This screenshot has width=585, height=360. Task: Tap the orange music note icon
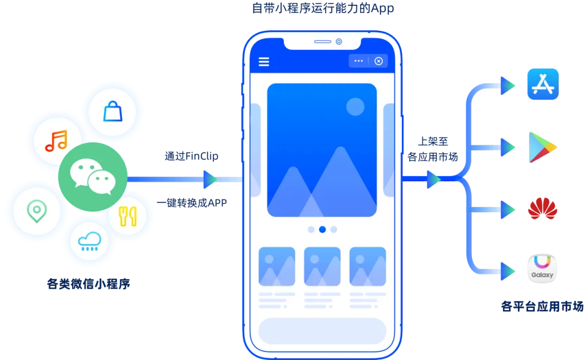coord(56,141)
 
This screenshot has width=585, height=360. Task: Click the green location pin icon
coord(36,210)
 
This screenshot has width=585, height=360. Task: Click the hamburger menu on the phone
coord(264,61)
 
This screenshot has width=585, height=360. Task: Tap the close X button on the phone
coord(379,61)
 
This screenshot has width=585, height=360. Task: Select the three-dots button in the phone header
coord(359,61)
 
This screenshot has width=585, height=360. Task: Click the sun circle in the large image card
coord(355,107)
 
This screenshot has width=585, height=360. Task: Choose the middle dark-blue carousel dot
coord(322,230)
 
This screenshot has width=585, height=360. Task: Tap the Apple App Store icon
coord(542,84)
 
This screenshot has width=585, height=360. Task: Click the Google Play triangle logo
coord(542,147)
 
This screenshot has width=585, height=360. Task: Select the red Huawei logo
coord(542,208)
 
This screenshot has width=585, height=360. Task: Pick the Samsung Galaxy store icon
coord(542,269)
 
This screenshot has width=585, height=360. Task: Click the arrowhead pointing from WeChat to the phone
coord(209,179)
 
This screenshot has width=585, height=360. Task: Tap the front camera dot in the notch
coord(339,42)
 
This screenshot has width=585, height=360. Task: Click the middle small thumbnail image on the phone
coord(322,266)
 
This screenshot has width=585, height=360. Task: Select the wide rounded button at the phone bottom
coord(322,331)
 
